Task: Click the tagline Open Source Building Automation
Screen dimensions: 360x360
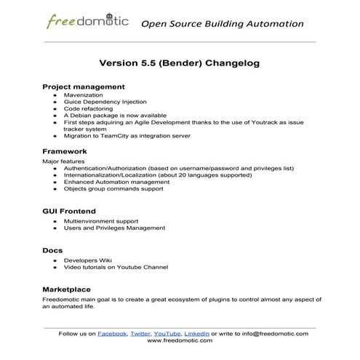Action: pyautogui.click(x=222, y=23)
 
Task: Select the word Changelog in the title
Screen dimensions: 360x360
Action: pyautogui.click(x=228, y=63)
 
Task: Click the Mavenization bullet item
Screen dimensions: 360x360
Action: pyautogui.click(x=84, y=95)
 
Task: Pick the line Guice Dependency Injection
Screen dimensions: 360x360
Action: pyautogui.click(x=105, y=102)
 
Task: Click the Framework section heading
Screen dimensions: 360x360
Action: pyautogui.click(x=68, y=151)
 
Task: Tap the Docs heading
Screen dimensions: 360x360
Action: pyautogui.click(x=52, y=250)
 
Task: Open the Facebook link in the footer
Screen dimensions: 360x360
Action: pyautogui.click(x=111, y=333)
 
